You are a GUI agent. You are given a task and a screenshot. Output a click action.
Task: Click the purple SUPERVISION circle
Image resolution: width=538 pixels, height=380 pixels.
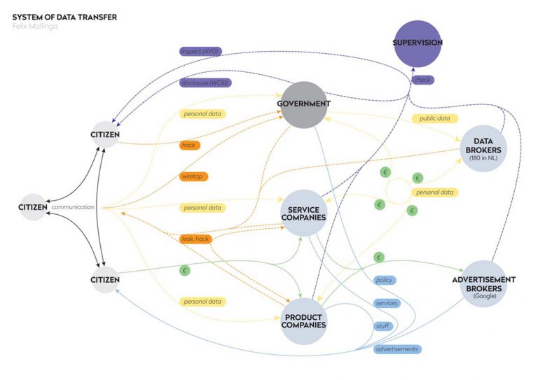point(418,43)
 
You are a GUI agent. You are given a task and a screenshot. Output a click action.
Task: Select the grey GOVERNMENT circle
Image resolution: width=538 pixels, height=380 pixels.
point(303,105)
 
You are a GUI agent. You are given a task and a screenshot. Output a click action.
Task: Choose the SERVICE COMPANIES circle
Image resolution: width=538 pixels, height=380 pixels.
point(303,213)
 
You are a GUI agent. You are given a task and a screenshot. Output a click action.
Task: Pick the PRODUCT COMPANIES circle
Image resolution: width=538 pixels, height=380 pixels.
point(304,320)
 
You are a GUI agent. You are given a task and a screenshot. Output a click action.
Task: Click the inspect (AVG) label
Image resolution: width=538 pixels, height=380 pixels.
point(200,51)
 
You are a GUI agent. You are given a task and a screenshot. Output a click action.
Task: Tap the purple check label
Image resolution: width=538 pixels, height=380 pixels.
point(422,80)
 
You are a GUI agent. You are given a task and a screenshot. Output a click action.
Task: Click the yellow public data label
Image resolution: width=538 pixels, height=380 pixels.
point(435,119)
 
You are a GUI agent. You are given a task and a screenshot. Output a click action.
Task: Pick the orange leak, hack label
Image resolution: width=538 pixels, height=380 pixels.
point(195,239)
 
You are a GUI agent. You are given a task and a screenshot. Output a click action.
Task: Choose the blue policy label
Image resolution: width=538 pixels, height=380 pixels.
point(384,280)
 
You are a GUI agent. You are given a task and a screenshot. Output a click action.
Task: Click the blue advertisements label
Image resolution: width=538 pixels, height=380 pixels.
point(397,349)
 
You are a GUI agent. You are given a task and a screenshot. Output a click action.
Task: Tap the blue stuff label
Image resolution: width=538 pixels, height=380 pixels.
point(383,326)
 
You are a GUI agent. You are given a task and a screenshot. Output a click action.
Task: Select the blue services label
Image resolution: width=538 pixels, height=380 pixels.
point(386,303)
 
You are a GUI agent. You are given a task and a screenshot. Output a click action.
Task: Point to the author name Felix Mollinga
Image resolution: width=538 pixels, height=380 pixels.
point(35,27)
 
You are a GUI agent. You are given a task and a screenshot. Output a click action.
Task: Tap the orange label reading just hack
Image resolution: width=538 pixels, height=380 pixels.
point(188,145)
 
